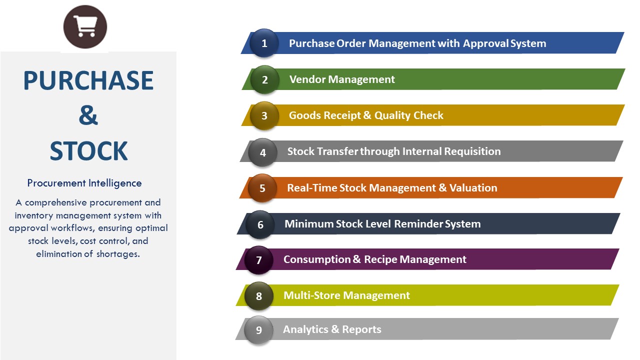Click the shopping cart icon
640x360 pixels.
click(85, 26)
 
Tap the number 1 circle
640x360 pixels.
click(264, 43)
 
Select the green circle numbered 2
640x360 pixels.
click(264, 79)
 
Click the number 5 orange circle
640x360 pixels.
click(262, 188)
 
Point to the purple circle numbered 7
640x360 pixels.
click(259, 260)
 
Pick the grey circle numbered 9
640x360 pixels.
click(259, 330)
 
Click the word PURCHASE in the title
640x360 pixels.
click(88, 80)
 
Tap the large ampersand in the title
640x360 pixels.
click(88, 115)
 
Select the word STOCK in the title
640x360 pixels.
click(88, 151)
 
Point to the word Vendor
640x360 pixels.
click(307, 79)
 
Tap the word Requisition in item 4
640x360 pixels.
click(472, 151)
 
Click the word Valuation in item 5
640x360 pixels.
click(473, 187)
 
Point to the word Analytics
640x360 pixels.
click(305, 329)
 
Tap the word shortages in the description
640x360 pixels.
click(118, 254)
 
